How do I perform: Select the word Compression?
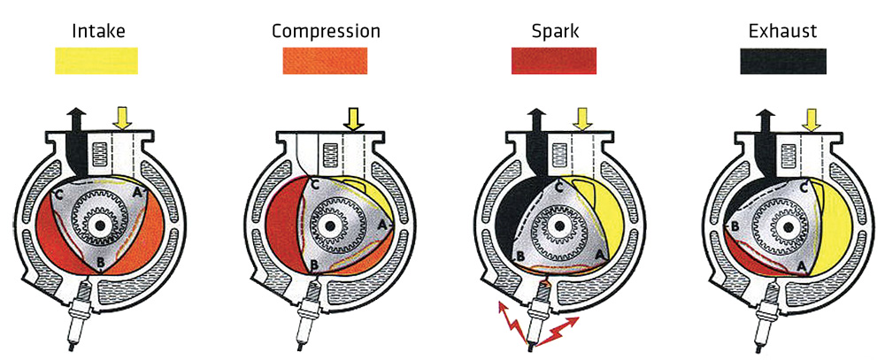pos(326,32)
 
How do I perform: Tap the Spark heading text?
pos(555,32)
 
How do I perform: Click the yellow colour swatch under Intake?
pos(96,60)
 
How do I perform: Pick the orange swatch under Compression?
pos(326,60)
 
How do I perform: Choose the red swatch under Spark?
pos(555,60)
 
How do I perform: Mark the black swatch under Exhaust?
pos(783,60)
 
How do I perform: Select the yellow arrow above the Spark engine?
pos(582,119)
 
